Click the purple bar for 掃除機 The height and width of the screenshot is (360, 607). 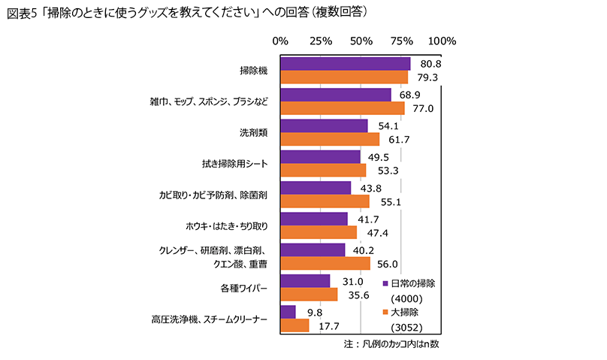tap(345, 64)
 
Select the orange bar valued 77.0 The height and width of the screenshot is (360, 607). tap(342, 108)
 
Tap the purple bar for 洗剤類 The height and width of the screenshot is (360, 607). tap(324, 126)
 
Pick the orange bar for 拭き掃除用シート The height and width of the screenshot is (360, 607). tap(323, 170)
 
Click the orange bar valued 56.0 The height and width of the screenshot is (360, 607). tap(325, 263)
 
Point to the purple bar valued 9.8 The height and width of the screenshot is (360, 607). tap(288, 311)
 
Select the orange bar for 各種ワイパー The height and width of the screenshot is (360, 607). tap(309, 294)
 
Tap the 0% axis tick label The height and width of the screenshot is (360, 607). tap(281, 41)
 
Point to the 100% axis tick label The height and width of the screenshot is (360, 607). tap(442, 41)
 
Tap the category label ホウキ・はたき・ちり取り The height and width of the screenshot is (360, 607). tap(228, 225)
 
